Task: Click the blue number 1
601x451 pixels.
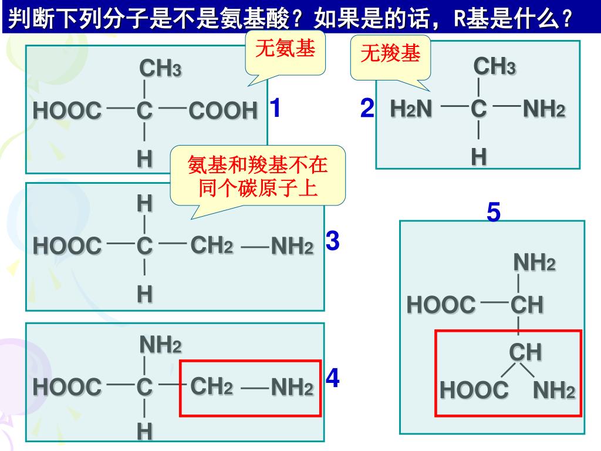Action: (x=275, y=109)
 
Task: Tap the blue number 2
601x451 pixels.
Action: (x=367, y=109)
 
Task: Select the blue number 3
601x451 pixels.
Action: (x=332, y=241)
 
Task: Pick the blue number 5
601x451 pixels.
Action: (x=494, y=213)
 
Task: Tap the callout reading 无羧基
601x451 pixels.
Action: (x=390, y=55)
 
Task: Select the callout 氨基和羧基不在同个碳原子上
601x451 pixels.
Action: (x=258, y=176)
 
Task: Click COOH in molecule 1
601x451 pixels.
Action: (x=223, y=110)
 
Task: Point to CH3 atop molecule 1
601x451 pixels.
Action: (x=160, y=69)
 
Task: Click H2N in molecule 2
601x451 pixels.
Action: (x=411, y=109)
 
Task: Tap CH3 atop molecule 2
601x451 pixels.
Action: (x=494, y=67)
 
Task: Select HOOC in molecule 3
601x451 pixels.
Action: (x=67, y=247)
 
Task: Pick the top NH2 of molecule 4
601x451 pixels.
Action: (x=160, y=345)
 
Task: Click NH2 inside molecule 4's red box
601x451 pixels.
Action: (x=292, y=388)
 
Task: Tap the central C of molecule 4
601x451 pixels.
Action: (x=144, y=388)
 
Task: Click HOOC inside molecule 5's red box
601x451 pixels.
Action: (x=474, y=391)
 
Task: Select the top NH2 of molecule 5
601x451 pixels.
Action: (x=534, y=262)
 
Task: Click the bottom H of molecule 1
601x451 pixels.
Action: (x=144, y=159)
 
